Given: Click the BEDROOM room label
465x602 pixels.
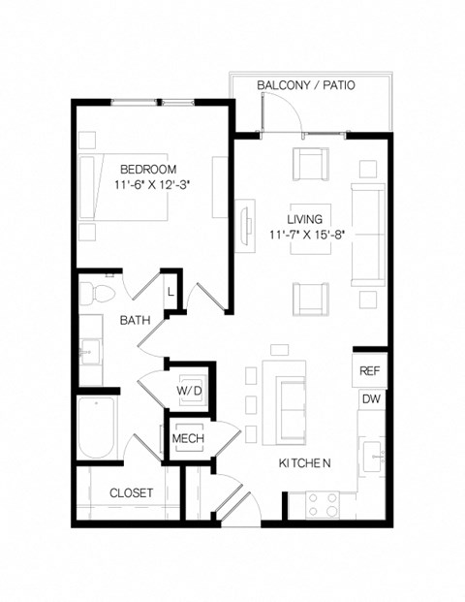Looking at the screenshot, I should click(148, 167).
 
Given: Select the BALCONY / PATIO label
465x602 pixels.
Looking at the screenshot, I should click(305, 85).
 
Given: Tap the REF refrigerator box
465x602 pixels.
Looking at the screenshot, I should click(369, 371).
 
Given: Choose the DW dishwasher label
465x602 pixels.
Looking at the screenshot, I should click(369, 398).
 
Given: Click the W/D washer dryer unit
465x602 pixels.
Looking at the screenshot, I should click(188, 391).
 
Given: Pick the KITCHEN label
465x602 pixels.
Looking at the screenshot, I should click(305, 464).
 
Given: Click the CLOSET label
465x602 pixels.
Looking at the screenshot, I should click(131, 492).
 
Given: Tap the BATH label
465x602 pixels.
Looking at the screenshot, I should click(134, 319).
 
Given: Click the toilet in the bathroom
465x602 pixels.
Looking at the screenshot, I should click(98, 292).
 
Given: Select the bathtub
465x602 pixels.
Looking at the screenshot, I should click(98, 428).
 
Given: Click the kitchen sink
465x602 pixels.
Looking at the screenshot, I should click(374, 452).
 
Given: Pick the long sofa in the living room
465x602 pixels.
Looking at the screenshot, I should click(366, 232).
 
